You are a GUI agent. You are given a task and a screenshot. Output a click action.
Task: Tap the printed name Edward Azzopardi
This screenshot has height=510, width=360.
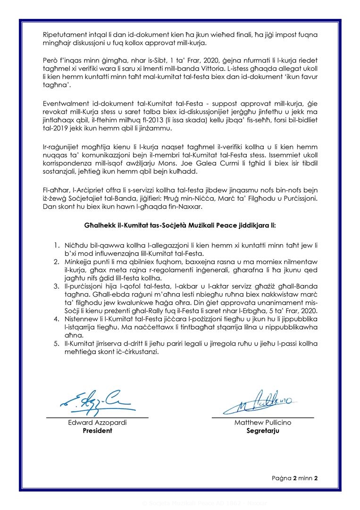point(98,423)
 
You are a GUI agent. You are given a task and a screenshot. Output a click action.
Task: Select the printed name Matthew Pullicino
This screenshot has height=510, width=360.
point(263,423)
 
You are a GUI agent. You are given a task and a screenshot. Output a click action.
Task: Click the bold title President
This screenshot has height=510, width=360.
point(98,431)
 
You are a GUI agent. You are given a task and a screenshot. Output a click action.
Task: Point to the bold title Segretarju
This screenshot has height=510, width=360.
point(263,431)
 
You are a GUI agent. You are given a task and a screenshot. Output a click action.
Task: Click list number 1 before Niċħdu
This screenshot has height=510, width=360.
point(56,244)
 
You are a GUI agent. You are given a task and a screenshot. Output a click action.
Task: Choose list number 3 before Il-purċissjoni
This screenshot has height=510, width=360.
point(56,286)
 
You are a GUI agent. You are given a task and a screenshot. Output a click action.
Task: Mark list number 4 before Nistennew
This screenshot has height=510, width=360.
point(56,319)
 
